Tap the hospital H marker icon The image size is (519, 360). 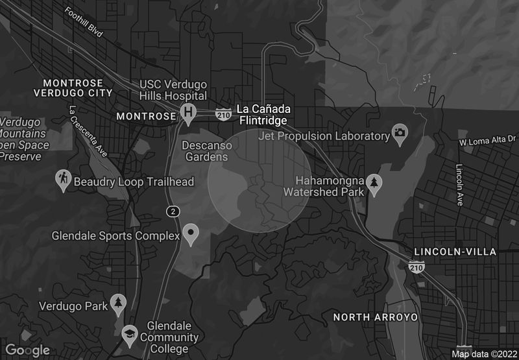pyautogui.click(x=189, y=112)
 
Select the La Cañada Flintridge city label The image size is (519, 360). pyautogui.click(x=263, y=114)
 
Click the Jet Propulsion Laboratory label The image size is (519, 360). pyautogui.click(x=323, y=136)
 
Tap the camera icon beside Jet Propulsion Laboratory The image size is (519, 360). pyautogui.click(x=400, y=134)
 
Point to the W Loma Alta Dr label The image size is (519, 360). pyautogui.click(x=487, y=139)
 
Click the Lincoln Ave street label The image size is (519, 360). pyautogui.click(x=459, y=185)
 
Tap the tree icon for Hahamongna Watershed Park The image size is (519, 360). pyautogui.click(x=374, y=184)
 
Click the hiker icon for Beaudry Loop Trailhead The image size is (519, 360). pyautogui.click(x=63, y=181)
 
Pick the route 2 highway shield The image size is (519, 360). pyautogui.click(x=172, y=211)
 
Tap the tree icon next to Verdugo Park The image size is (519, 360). pyautogui.click(x=117, y=303)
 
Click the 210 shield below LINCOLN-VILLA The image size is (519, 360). pyautogui.click(x=416, y=266)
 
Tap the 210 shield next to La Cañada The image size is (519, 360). pyautogui.click(x=223, y=114)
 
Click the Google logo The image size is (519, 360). pyautogui.click(x=28, y=350)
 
